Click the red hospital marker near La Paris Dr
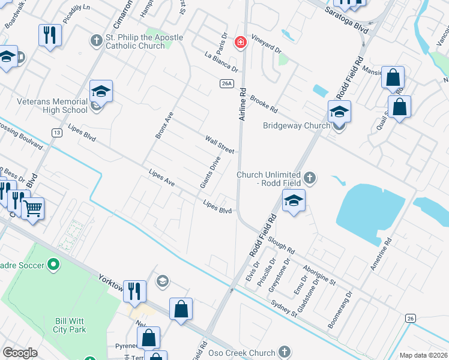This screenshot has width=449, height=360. (x=241, y=41)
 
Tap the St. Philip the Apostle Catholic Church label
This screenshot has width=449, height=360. (x=143, y=41)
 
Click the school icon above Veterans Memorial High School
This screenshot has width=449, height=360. (x=101, y=92)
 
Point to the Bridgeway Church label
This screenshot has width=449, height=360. (x=297, y=125)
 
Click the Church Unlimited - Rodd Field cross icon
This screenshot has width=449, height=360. (x=310, y=178)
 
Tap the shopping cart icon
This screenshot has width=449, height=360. (x=32, y=209)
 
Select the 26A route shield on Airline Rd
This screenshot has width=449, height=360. (x=226, y=83)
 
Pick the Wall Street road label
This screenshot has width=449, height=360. (x=219, y=143)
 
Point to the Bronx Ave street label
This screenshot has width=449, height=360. (x=164, y=125)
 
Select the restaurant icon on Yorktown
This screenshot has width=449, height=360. (x=134, y=291)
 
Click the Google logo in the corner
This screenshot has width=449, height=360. (x=20, y=353)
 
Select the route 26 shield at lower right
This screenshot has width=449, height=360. (x=410, y=317)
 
